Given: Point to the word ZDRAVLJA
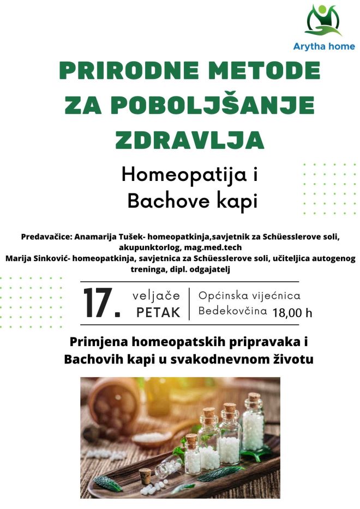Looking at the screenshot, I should (x=189, y=140).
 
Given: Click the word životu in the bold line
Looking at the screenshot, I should (x=293, y=359).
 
